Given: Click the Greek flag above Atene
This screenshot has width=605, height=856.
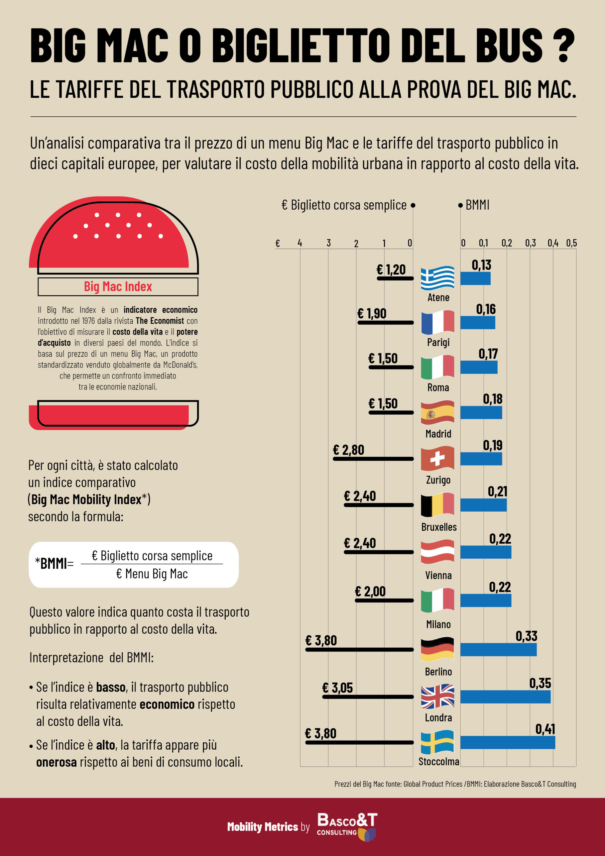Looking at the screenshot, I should coord(437,278).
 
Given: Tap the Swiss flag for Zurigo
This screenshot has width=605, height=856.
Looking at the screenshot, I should coord(437,458).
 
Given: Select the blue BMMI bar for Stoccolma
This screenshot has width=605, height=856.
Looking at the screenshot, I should coord(507,742).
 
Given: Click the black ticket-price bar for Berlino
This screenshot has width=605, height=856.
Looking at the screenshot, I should coord(359,649).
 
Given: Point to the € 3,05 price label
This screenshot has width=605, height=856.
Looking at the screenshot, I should coord(337,688).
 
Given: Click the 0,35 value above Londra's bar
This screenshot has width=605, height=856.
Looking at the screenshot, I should coord(540,683).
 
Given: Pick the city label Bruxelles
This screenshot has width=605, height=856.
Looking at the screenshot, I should coord(439,527).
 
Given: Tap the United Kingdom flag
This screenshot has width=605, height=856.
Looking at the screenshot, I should coord(437,696).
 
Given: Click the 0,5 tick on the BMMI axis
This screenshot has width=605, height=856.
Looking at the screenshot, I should coord(571,243).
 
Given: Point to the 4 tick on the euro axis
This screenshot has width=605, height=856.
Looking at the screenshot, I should coord(300,243).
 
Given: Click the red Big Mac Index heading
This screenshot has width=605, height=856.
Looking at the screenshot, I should coord(118,286).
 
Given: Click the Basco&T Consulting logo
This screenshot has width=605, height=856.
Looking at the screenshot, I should coord(347,827).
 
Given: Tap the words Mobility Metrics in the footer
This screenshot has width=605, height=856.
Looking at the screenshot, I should coord(262,827).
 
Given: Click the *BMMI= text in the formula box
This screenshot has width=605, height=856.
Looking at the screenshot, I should coord(54,563).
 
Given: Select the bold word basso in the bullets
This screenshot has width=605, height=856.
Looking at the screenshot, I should coord(110,687).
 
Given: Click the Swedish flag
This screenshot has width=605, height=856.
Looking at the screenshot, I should coord(437,742).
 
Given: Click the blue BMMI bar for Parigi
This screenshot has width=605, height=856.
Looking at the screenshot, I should coord(478,322).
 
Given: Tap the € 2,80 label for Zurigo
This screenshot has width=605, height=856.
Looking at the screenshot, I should coord(348,450).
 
